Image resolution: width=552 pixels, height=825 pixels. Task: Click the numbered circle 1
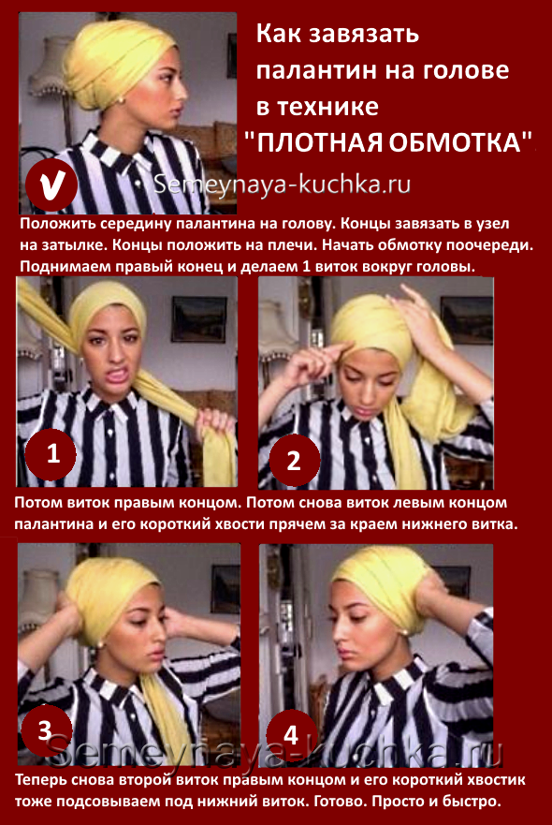(51, 453)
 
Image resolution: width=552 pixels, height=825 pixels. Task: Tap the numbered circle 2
(295, 461)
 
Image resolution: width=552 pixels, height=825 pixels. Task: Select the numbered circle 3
(45, 730)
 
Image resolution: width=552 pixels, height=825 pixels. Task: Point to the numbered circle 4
(292, 734)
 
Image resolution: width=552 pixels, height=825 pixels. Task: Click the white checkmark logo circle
(52, 186)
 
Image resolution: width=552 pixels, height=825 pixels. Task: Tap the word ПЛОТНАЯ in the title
(320, 141)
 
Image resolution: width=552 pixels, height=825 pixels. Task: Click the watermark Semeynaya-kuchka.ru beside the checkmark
(283, 184)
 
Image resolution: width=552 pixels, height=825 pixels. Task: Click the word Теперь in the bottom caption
(37, 779)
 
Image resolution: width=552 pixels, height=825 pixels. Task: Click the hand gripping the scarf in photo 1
(214, 422)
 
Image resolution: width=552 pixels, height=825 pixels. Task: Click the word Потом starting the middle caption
(38, 502)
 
